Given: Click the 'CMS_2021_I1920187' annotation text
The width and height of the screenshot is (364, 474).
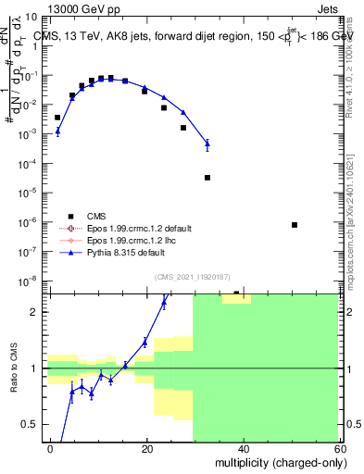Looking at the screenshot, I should coord(191,277).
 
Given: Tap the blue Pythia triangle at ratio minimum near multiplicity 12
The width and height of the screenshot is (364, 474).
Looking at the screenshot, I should coord(110,380).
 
